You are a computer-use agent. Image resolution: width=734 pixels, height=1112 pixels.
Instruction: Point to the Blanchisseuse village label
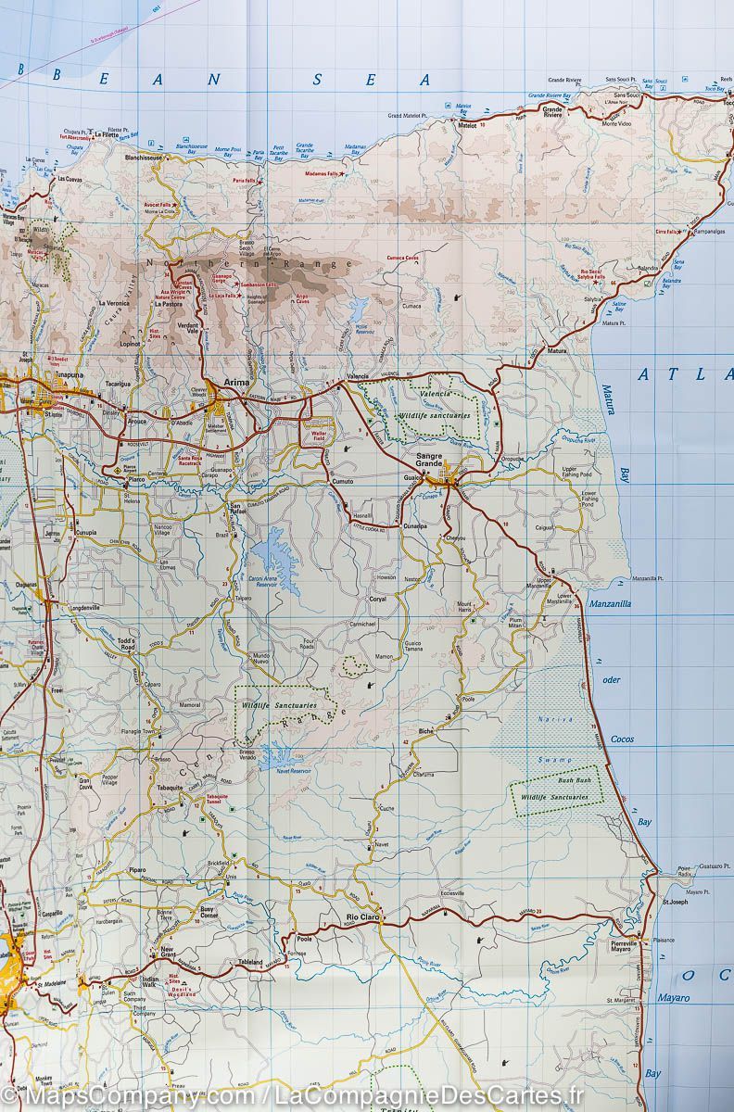pos(145,157)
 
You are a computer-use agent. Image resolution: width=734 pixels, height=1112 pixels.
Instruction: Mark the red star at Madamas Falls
pos(343,173)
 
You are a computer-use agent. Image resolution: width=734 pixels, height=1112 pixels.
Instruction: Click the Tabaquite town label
pos(170,787)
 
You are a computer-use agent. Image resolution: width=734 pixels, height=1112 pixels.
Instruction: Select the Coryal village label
pos(377,600)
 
